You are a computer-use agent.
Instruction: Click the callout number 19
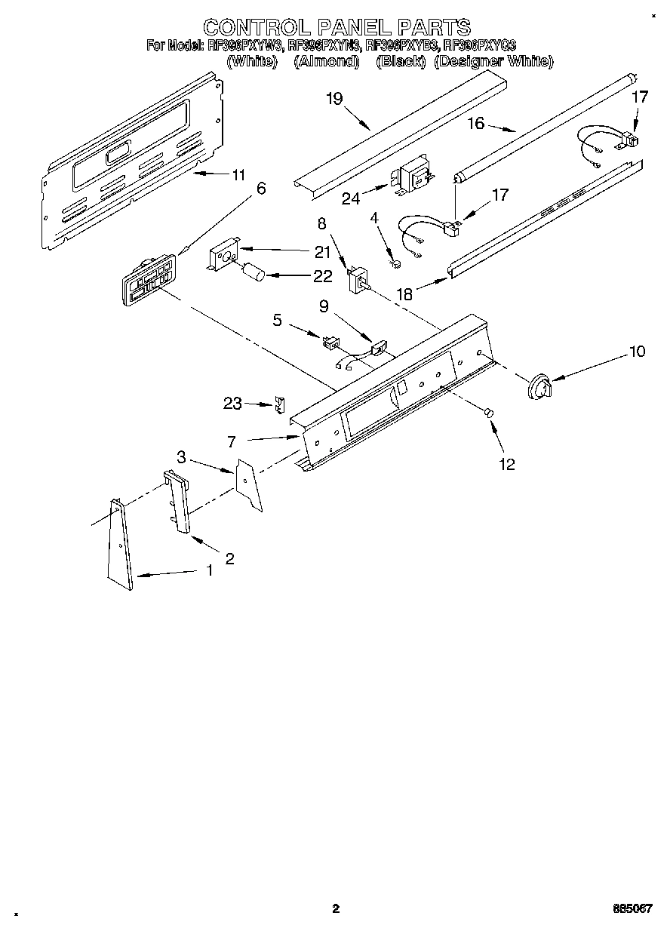[x=335, y=99]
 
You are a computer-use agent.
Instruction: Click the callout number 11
[x=238, y=175]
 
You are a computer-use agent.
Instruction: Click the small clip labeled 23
[x=280, y=404]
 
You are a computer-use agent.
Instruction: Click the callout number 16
[x=475, y=123]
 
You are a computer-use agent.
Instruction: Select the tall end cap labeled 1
[x=120, y=545]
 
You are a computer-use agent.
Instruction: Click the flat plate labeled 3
[x=249, y=486]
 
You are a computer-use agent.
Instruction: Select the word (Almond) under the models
[x=326, y=61]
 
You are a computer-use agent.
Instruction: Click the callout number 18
[x=405, y=293]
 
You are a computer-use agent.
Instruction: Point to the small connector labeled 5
[x=329, y=343]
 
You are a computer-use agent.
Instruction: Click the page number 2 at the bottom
[x=336, y=908]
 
